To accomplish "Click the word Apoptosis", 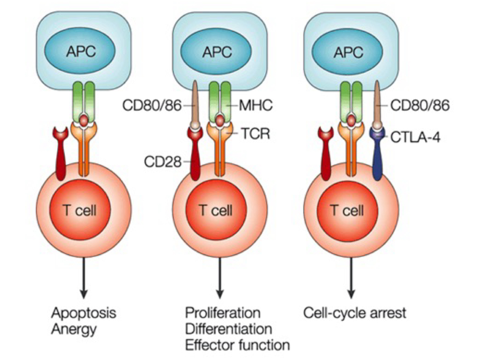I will (83, 313).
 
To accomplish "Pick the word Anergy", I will (74, 329).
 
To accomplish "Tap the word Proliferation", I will (222, 313).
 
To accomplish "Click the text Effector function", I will (237, 345).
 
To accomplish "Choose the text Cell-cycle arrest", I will (354, 313).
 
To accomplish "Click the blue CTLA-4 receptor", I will (378, 155).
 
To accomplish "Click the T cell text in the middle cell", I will (216, 210).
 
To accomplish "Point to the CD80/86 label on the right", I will (419, 105).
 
